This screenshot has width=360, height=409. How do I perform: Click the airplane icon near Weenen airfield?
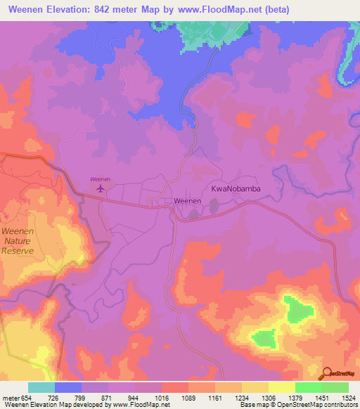[100, 188]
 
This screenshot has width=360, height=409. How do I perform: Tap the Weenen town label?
[188, 201]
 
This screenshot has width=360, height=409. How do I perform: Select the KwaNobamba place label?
[231, 189]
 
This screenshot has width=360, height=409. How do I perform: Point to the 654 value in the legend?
[25, 398]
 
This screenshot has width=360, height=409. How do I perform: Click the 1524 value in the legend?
[347, 398]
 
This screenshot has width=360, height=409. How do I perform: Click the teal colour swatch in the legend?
[41, 387]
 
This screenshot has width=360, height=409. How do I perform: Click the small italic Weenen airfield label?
[100, 179]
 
